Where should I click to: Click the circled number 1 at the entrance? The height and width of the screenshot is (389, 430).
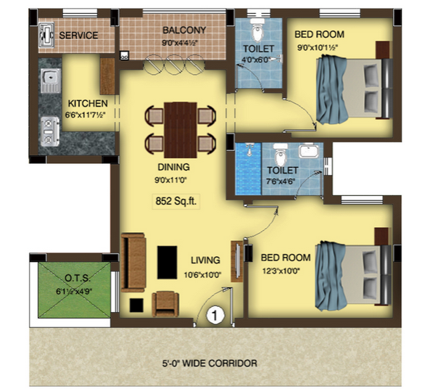click(x=215, y=315)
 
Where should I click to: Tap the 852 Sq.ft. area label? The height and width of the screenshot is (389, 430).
click(x=176, y=201)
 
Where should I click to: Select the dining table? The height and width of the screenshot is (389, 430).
click(x=181, y=130)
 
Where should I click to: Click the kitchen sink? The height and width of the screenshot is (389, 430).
click(x=51, y=81)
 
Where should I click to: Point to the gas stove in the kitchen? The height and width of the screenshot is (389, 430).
click(x=49, y=131)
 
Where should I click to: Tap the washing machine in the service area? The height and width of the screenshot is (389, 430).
click(x=47, y=35)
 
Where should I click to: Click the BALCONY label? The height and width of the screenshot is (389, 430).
click(x=184, y=30)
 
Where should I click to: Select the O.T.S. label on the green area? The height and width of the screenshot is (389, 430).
click(x=78, y=279)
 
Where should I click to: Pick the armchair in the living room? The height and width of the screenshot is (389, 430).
click(x=165, y=304)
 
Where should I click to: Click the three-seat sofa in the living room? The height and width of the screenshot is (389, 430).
click(x=133, y=263)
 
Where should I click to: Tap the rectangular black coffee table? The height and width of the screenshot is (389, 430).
click(x=167, y=263)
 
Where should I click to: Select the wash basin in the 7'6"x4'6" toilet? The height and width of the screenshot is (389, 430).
click(x=308, y=150)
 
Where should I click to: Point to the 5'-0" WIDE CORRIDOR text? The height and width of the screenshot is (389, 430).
click(x=210, y=364)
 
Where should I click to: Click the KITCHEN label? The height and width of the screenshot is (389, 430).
click(x=88, y=104)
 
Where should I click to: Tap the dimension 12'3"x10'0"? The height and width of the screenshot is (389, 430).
click(x=281, y=271)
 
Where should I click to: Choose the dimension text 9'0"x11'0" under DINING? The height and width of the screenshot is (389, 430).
click(x=170, y=181)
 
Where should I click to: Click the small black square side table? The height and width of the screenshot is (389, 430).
click(x=136, y=306)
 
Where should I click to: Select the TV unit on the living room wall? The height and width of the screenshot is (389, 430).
click(x=237, y=261)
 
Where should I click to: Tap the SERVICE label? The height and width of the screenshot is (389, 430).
click(x=78, y=36)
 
